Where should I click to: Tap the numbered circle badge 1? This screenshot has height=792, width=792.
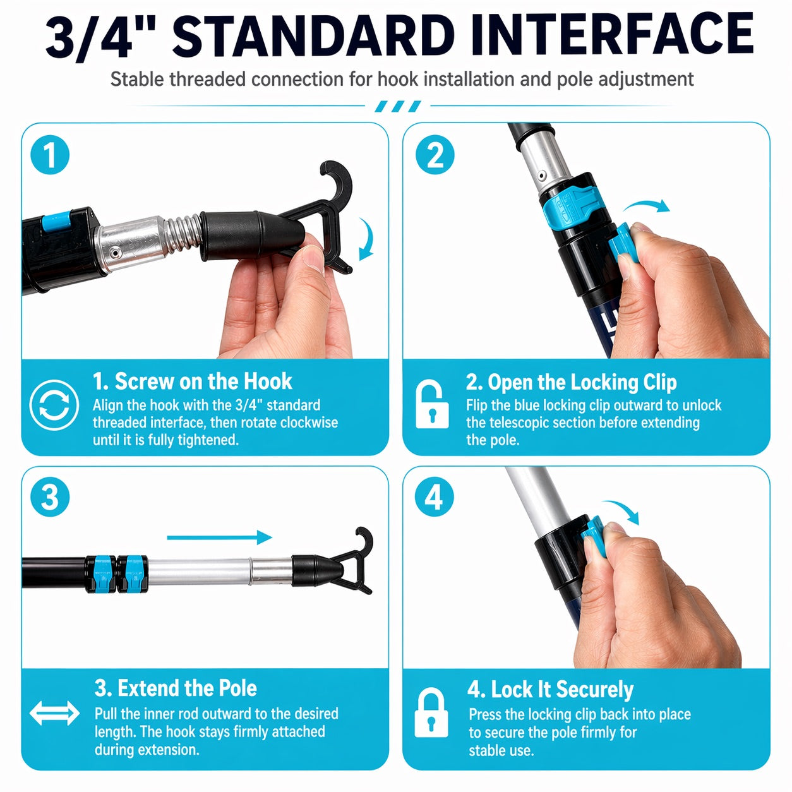50,155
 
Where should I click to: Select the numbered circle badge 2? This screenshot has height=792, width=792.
435,155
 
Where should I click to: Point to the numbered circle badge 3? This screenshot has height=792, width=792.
50,497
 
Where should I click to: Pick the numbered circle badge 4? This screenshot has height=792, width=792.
435,497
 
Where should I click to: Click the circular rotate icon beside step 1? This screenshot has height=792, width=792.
54,405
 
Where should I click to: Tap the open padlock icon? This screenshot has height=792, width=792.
431,404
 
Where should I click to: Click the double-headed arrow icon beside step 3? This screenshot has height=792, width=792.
55,713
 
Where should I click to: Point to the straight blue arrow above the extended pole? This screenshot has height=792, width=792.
220,537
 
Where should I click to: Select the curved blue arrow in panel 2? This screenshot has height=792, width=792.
645,205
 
